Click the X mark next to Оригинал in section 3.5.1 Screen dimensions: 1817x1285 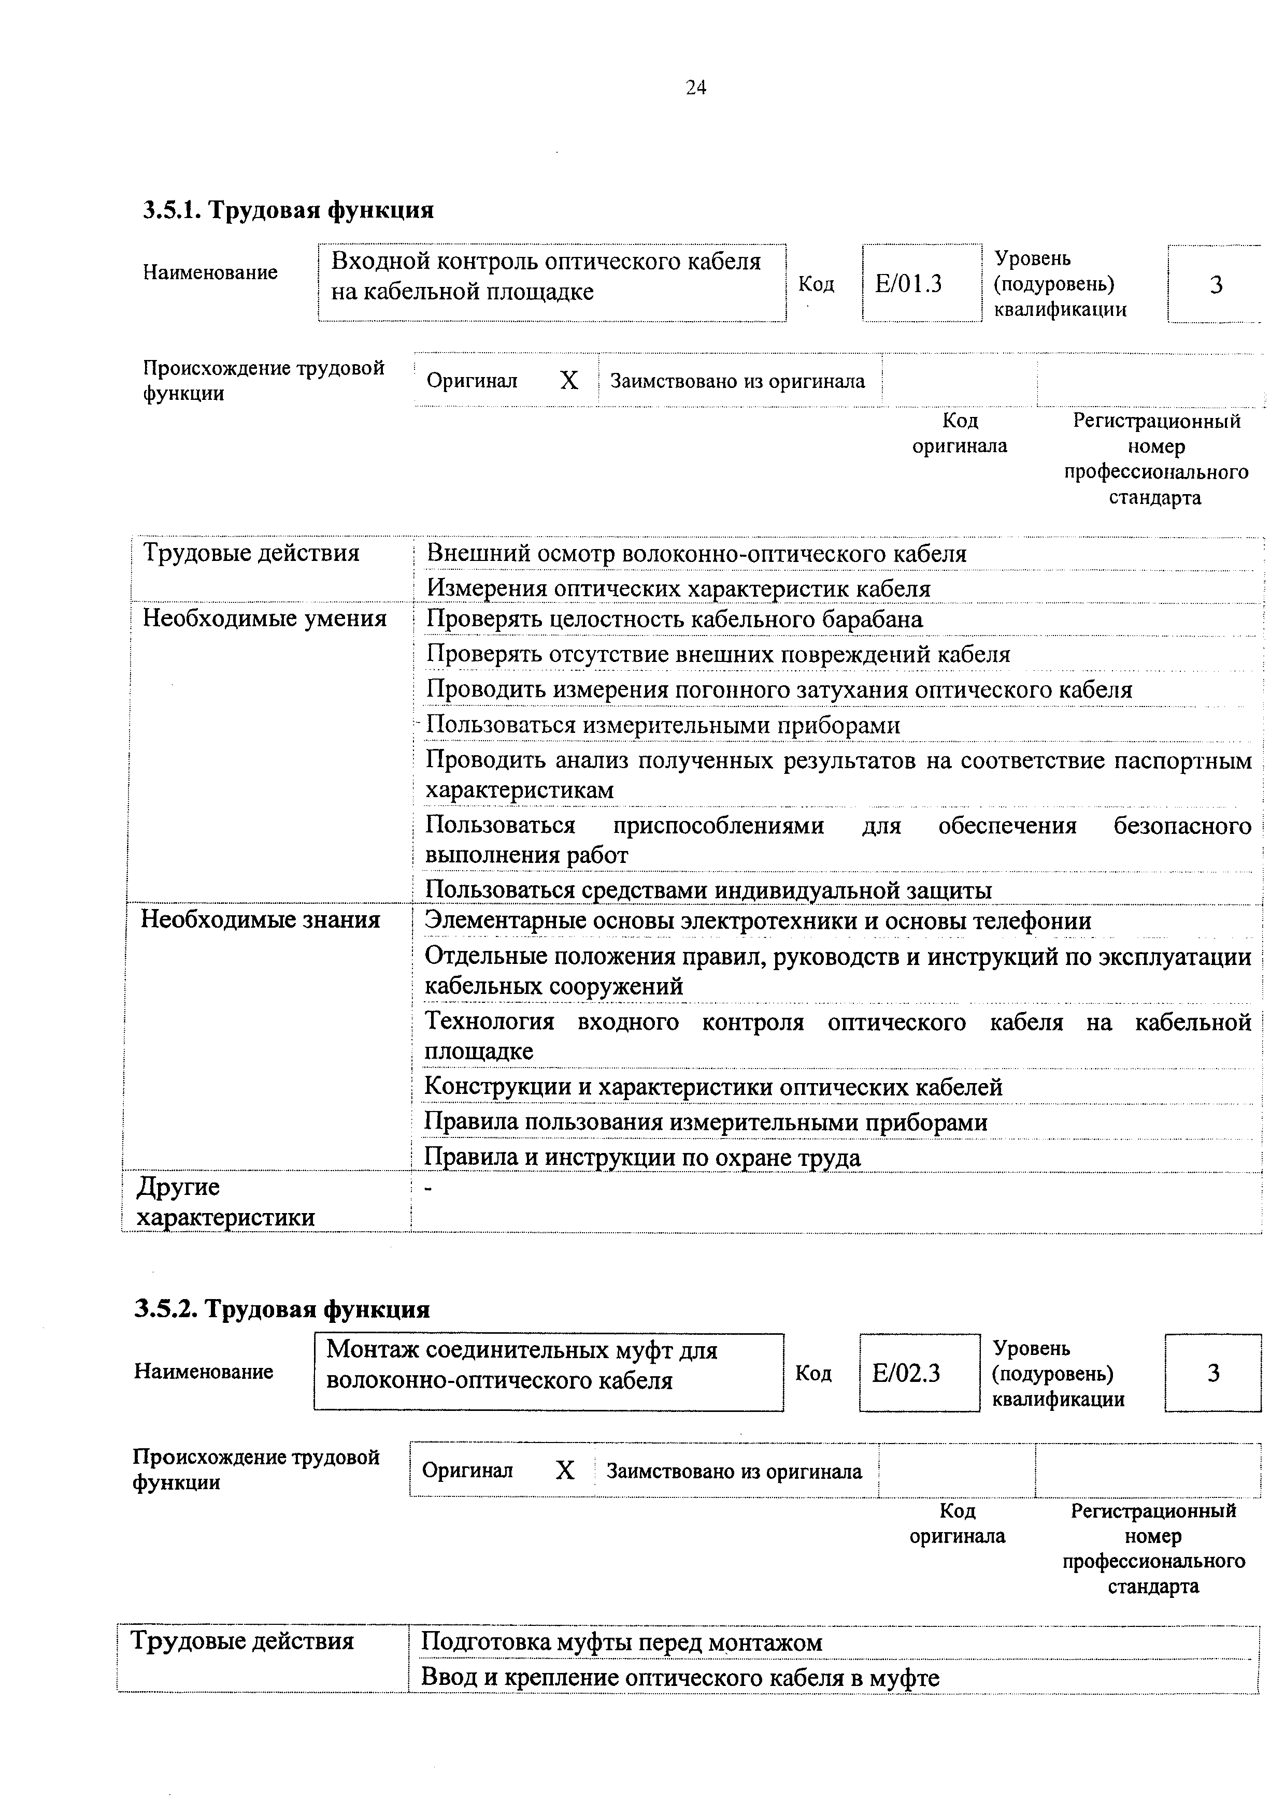pyautogui.click(x=569, y=381)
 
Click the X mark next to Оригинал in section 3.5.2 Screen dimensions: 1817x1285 pyautogui.click(x=564, y=1470)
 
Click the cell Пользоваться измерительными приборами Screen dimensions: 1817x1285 pyautogui.click(x=663, y=725)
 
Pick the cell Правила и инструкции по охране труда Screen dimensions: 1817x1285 pyautogui.click(x=642, y=1157)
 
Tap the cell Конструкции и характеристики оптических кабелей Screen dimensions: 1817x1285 pyautogui.click(x=713, y=1087)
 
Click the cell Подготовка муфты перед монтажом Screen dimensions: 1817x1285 pyautogui.click(x=622, y=1642)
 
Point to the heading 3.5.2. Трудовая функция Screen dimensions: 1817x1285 pyautogui.click(x=282, y=1309)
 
